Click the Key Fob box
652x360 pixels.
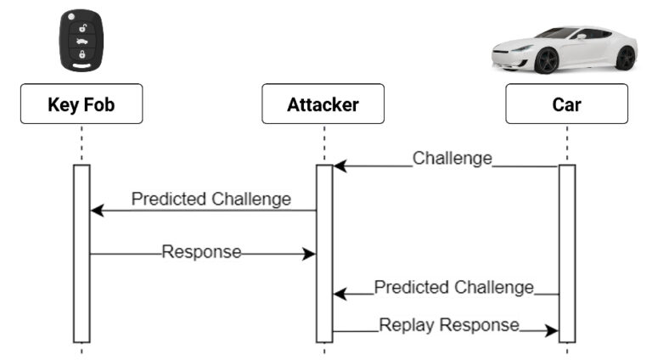point(81,104)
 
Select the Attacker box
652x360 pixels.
point(323,104)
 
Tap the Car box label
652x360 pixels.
point(566,104)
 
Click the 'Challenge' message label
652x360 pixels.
point(452,159)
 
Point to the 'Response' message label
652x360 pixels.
point(201,252)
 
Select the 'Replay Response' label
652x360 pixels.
point(448,324)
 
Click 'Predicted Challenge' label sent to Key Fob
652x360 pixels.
point(211,200)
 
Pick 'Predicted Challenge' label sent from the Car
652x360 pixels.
point(453,287)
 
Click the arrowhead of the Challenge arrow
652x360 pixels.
point(340,166)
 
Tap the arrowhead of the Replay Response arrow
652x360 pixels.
point(552,331)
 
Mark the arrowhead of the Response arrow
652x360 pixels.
point(310,253)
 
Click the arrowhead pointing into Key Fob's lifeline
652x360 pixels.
point(97,210)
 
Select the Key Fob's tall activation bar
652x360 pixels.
point(81,253)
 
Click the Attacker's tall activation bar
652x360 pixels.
point(323,253)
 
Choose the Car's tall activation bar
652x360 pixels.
point(566,253)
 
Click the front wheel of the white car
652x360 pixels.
point(547,60)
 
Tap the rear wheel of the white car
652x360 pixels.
point(625,58)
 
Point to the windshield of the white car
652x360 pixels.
point(561,33)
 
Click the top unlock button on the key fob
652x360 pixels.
point(82,27)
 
